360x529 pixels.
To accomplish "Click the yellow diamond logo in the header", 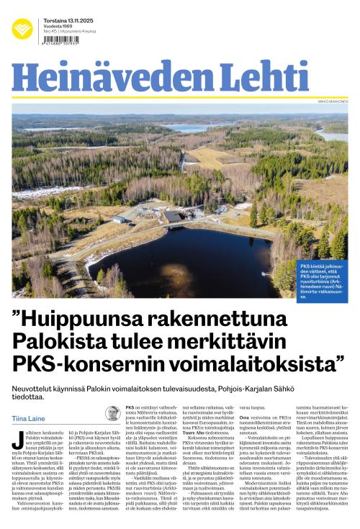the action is [22, 30].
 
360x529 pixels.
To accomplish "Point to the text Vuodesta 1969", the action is [58, 26].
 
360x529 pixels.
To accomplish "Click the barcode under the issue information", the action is [62, 40].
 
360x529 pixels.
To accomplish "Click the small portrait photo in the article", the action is [113, 413].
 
